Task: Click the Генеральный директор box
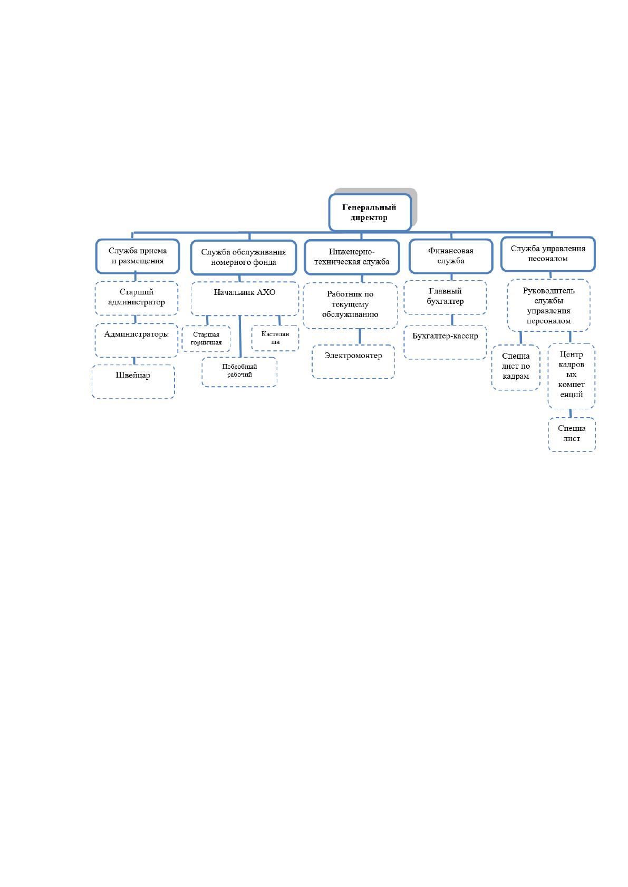[370, 212]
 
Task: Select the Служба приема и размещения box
[138, 256]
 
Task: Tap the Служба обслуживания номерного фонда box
[244, 258]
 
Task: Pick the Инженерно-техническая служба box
[352, 257]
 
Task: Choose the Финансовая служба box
[451, 256]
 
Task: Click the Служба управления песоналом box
[548, 254]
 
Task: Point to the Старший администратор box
[137, 298]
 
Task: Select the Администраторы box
[137, 340]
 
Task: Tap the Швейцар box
[133, 381]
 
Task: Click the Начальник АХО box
[245, 299]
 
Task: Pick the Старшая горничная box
[206, 339]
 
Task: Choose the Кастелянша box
[275, 338]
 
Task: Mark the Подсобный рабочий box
[239, 372]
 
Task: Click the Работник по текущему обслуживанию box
[350, 305]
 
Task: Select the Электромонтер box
[353, 361]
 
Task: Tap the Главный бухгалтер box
[445, 298]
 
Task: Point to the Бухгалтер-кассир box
[445, 342]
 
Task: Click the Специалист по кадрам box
[516, 368]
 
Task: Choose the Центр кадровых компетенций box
[571, 376]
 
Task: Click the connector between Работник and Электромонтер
[360, 337]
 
